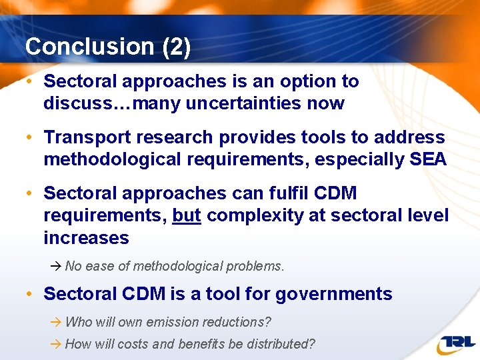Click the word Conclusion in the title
point(80,47)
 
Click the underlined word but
point(187,215)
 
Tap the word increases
point(86,238)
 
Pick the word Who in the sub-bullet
point(79,322)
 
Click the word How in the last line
point(79,344)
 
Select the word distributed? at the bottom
point(281,344)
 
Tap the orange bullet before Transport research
point(29,138)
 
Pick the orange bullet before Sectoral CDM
point(29,294)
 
